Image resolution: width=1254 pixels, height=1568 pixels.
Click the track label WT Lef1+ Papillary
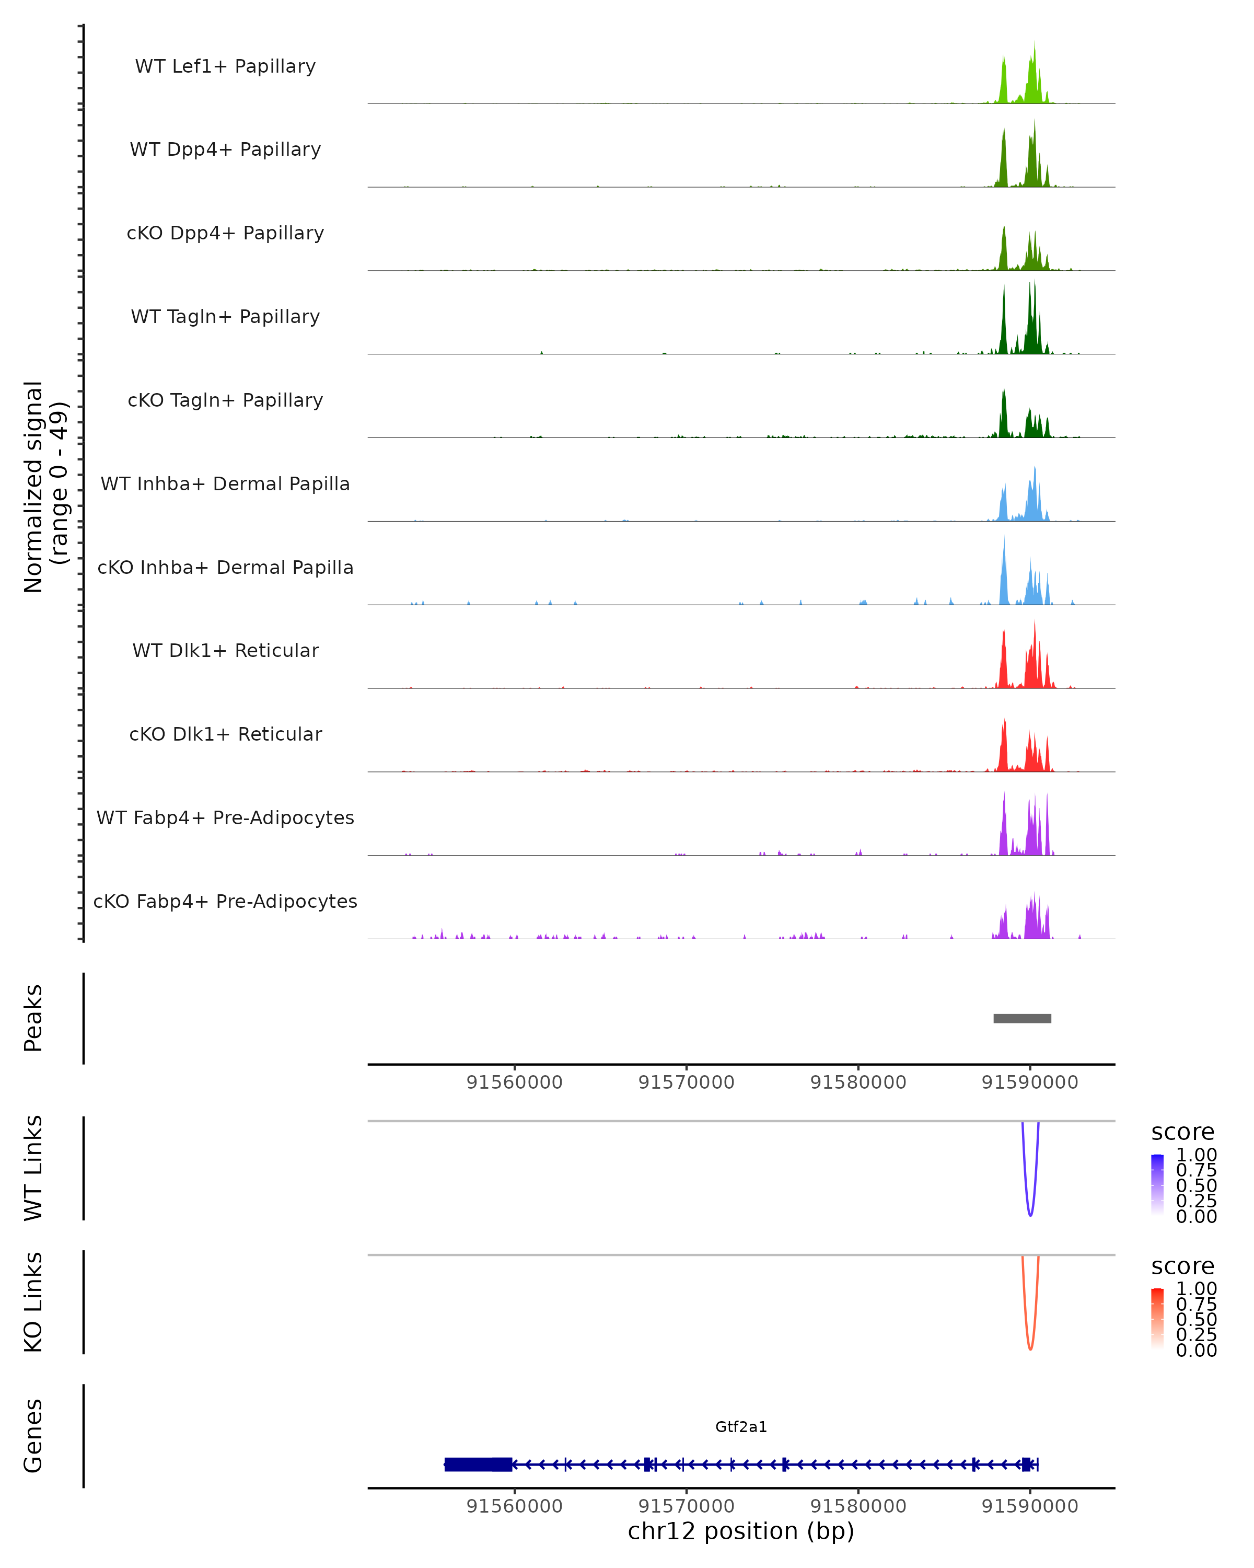[x=225, y=66]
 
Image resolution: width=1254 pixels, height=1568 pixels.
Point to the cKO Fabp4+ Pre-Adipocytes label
[x=225, y=901]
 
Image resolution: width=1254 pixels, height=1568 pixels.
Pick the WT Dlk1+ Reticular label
[x=225, y=650]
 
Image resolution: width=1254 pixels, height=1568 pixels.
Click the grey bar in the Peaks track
[x=1022, y=1018]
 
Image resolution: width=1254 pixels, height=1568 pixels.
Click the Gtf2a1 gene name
[x=741, y=1427]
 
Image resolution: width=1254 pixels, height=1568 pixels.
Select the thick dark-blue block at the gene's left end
[x=478, y=1464]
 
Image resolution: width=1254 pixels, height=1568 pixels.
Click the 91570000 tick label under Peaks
[x=686, y=1082]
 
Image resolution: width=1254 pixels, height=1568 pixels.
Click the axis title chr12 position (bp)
[x=741, y=1531]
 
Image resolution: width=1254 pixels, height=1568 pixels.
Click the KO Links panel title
[x=33, y=1302]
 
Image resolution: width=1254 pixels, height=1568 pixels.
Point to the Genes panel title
[x=33, y=1436]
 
